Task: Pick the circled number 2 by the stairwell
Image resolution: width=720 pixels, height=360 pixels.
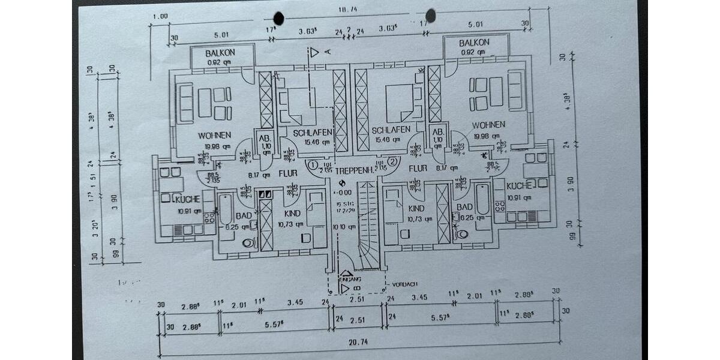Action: point(392,161)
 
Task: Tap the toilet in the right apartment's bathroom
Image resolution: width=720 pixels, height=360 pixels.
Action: point(461,233)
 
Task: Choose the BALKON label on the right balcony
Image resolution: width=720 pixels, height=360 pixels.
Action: point(474,43)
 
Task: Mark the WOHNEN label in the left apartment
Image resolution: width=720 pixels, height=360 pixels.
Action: point(214,136)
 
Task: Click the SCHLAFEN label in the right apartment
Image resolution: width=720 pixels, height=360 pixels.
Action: point(391,130)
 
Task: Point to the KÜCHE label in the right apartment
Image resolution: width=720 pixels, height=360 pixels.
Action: point(518,186)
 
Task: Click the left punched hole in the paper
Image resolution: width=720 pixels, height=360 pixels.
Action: point(278,18)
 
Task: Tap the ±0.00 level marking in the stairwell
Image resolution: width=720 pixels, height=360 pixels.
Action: point(343,193)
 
